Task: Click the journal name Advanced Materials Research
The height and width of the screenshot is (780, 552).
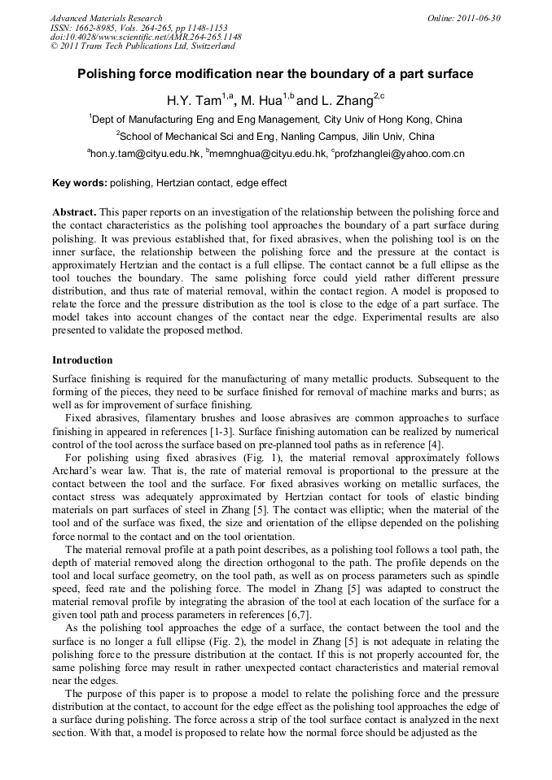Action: (106, 18)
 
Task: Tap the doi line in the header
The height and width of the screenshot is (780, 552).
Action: (146, 37)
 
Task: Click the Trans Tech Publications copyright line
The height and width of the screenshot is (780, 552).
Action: (142, 47)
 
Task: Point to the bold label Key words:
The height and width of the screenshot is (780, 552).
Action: (79, 183)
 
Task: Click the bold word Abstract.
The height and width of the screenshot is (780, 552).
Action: (74, 211)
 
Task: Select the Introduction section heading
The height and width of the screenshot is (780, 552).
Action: (82, 359)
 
